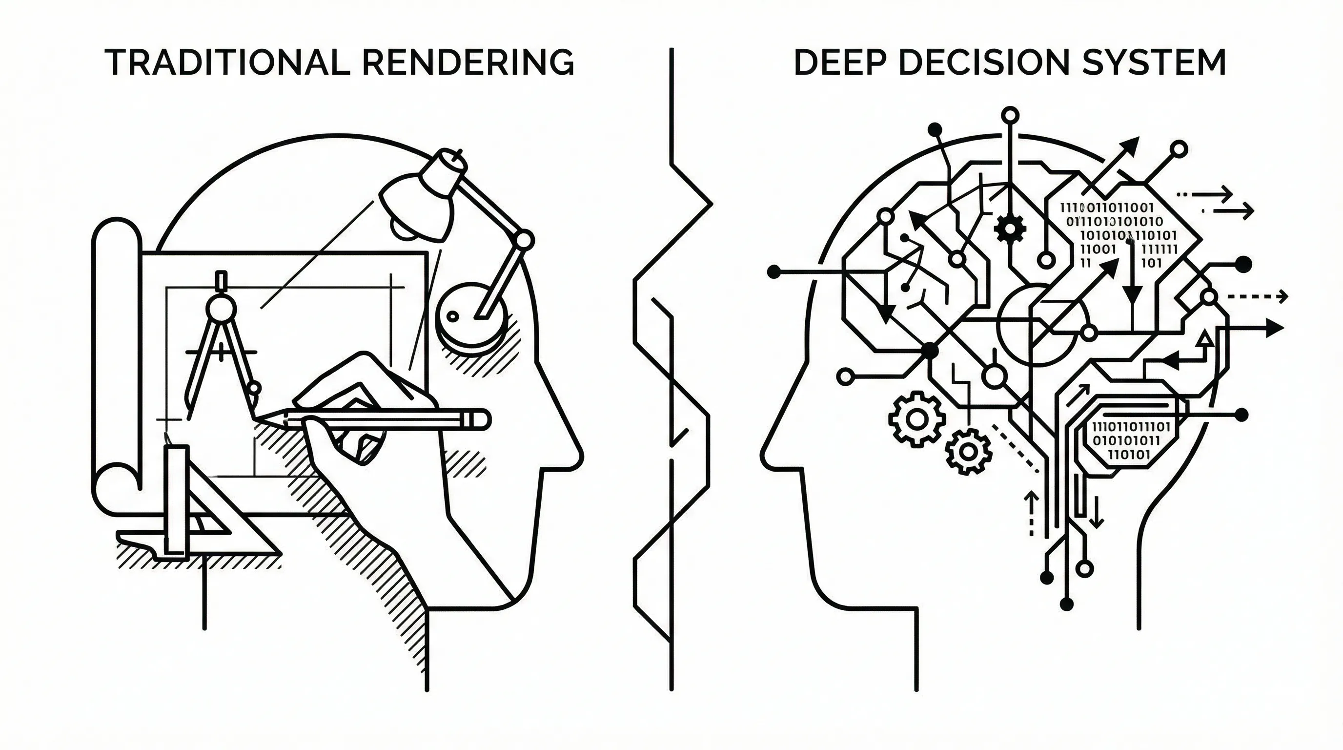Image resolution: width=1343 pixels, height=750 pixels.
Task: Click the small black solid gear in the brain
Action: [x=1010, y=228]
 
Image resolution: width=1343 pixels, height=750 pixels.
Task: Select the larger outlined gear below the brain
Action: [x=917, y=419]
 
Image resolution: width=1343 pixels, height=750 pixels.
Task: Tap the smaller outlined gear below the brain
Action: [x=968, y=451]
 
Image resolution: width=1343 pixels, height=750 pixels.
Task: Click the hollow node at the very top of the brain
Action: [x=1010, y=114]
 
